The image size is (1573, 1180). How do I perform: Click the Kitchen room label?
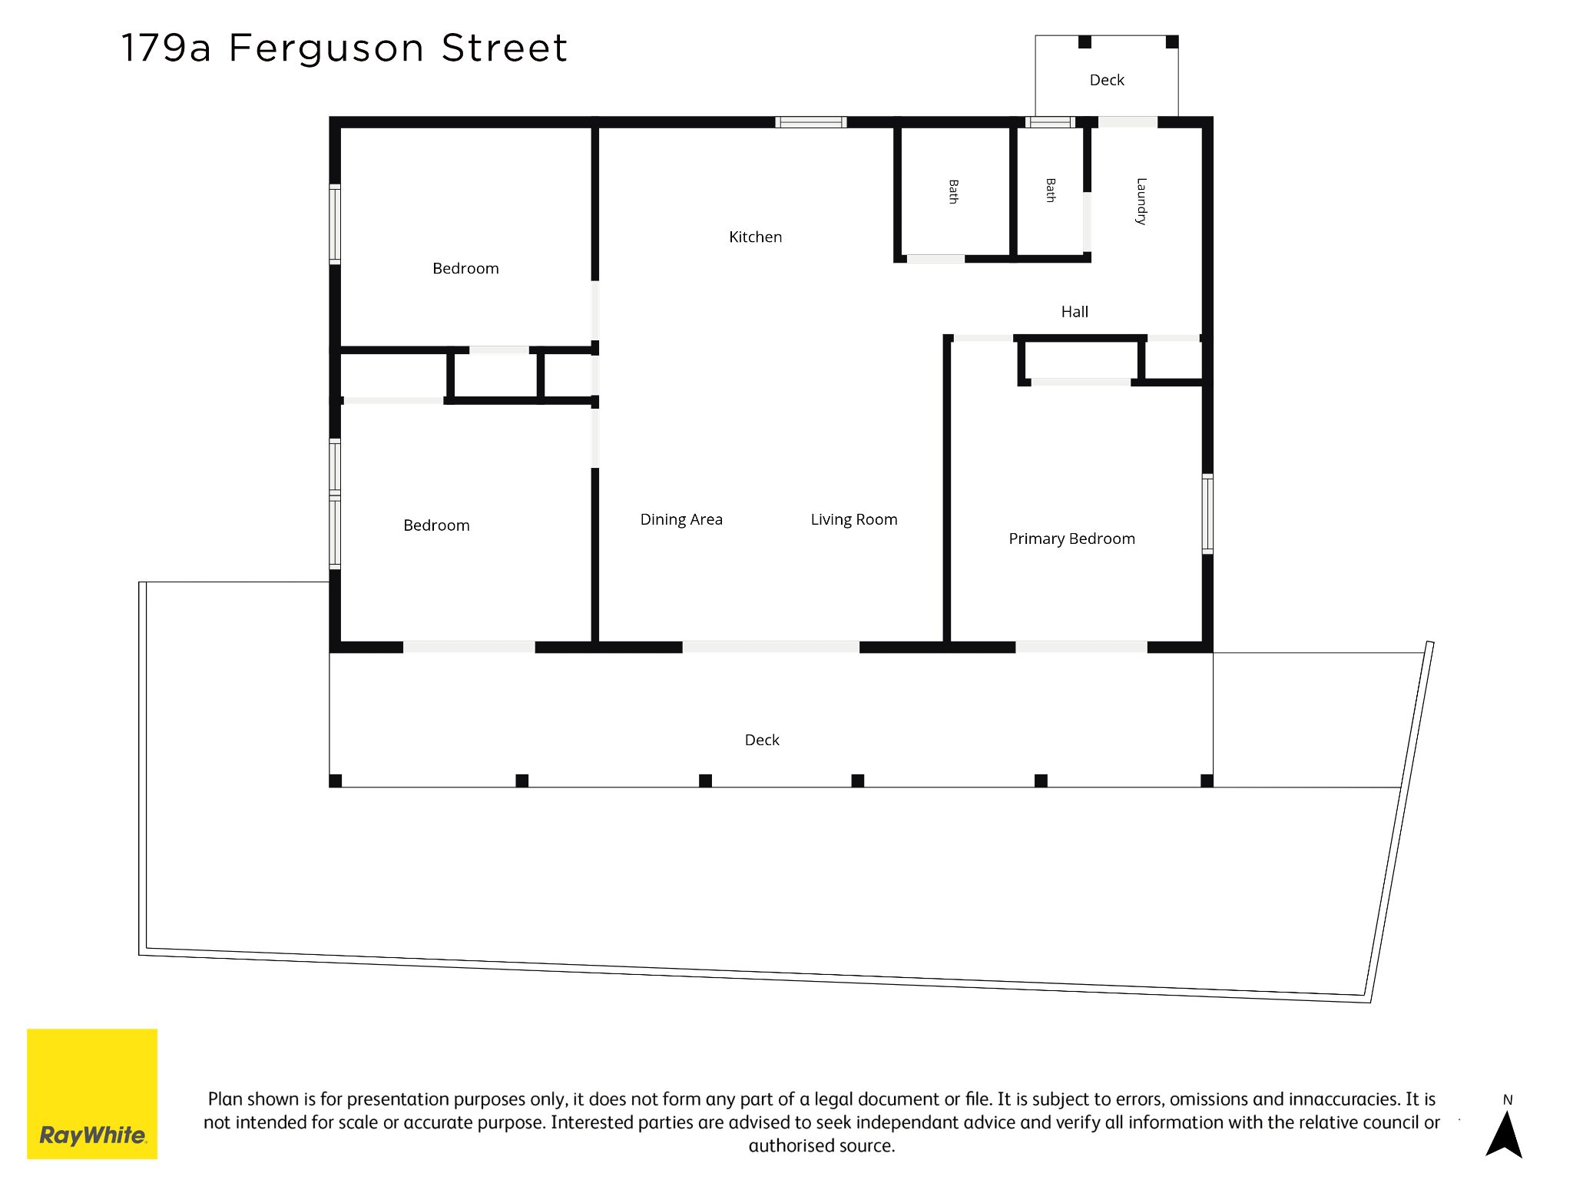pyautogui.click(x=755, y=237)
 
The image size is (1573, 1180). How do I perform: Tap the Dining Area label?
pyautogui.click(x=681, y=520)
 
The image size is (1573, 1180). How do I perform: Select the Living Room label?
pyautogui.click(x=854, y=520)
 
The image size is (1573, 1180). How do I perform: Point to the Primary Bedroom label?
pyautogui.click(x=1071, y=539)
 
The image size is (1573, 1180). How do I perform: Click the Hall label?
pyautogui.click(x=1075, y=312)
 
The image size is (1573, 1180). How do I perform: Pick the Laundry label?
pyautogui.click(x=1141, y=201)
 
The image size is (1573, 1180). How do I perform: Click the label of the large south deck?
pyautogui.click(x=762, y=740)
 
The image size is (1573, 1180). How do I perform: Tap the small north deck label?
pyautogui.click(x=1107, y=80)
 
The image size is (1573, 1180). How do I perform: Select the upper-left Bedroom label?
pyautogui.click(x=465, y=269)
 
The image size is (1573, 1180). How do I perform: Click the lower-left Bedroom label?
pyautogui.click(x=436, y=525)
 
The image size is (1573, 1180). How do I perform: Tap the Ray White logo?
pyautogui.click(x=92, y=1094)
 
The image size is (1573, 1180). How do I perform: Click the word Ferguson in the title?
pyautogui.click(x=326, y=49)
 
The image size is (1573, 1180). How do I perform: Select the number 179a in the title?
pyautogui.click(x=165, y=48)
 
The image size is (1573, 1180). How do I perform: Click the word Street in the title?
pyautogui.click(x=505, y=48)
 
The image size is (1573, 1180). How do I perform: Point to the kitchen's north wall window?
pyautogui.click(x=811, y=122)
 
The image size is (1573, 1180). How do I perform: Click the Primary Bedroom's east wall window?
pyautogui.click(x=1207, y=514)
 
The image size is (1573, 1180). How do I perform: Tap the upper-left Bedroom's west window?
pyautogui.click(x=335, y=224)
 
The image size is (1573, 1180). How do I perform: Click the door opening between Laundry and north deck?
pyautogui.click(x=1128, y=122)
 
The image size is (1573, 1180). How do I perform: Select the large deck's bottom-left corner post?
pyautogui.click(x=336, y=781)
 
